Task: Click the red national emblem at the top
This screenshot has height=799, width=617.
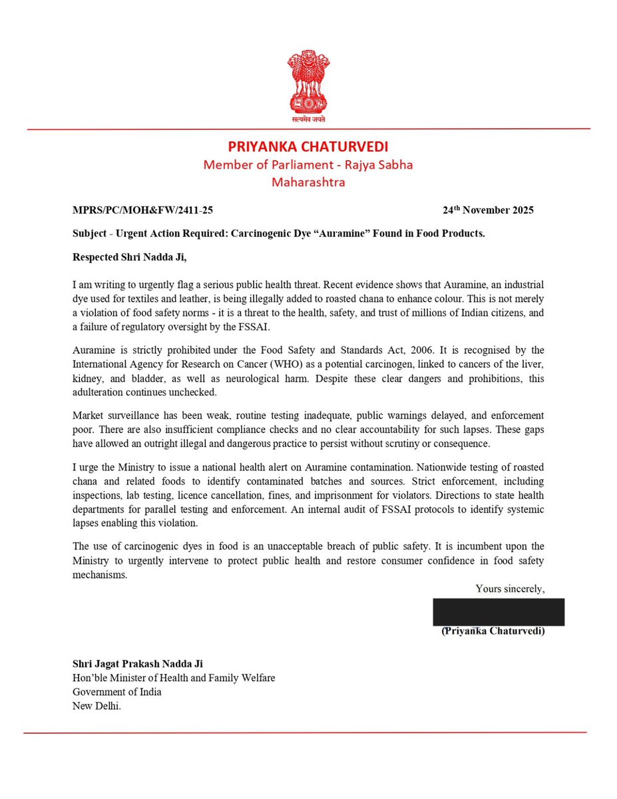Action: [308, 84]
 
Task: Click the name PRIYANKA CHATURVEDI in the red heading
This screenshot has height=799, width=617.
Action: [308, 146]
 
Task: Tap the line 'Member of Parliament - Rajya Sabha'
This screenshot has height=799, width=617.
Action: [308, 164]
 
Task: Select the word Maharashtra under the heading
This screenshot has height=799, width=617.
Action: [308, 182]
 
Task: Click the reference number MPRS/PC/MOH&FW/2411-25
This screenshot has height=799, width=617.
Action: [142, 210]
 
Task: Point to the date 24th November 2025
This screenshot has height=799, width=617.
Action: [488, 210]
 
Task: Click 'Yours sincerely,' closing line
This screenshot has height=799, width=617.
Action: [510, 589]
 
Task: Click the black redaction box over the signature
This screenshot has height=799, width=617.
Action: [499, 612]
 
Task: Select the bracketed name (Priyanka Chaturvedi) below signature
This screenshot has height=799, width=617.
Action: [493, 631]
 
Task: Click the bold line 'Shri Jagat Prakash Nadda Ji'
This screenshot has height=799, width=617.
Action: [138, 664]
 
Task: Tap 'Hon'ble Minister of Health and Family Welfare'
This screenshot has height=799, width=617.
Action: [174, 678]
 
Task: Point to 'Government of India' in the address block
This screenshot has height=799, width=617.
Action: [117, 692]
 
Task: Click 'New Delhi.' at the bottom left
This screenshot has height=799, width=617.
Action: [97, 706]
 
